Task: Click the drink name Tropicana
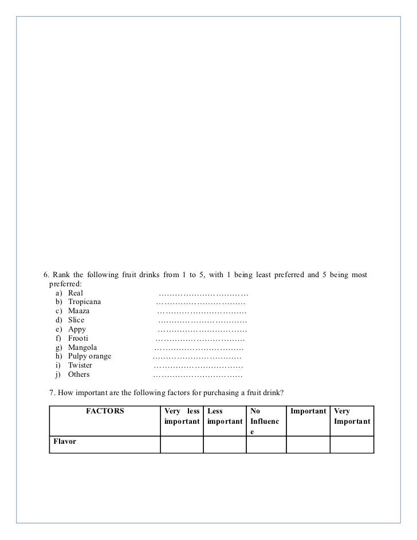coord(84,301)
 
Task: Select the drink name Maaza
coord(78,310)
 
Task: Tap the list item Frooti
coord(78,338)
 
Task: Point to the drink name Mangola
coord(82,347)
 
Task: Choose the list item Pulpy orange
coord(89,356)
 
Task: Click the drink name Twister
coord(80,365)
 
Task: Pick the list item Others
coord(78,375)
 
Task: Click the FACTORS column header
coord(105,411)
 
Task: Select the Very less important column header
coord(182,416)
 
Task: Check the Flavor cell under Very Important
coord(352,445)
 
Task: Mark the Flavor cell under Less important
coord(225,445)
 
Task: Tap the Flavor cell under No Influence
coord(266,445)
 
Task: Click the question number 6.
coord(47,275)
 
